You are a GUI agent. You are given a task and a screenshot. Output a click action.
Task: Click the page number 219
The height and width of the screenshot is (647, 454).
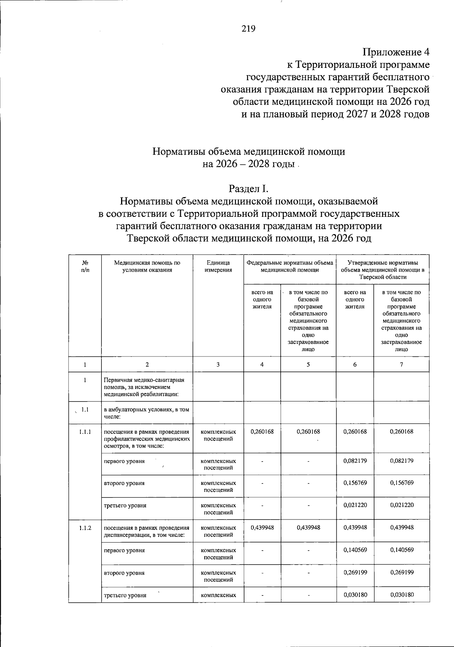[x=249, y=29]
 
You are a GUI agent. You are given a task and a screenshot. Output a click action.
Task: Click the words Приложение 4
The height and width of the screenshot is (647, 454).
[x=396, y=51]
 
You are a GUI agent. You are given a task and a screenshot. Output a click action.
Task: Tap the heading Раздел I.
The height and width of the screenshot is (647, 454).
[x=249, y=188]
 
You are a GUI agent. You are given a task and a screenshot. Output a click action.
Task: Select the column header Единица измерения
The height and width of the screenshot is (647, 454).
[x=218, y=266]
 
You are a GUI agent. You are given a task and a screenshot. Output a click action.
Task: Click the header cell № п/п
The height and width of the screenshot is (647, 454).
[x=85, y=266]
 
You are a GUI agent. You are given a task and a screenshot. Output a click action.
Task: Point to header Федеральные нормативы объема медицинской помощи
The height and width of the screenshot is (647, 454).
[x=289, y=266]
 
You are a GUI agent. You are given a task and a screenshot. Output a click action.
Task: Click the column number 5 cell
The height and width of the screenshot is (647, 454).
[x=308, y=364]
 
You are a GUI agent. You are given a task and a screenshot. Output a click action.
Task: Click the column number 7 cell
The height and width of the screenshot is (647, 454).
[x=401, y=364]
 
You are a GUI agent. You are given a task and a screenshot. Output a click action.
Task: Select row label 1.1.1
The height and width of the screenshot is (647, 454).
[x=85, y=431]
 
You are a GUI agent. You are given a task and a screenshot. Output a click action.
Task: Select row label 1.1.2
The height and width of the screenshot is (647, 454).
[x=85, y=527]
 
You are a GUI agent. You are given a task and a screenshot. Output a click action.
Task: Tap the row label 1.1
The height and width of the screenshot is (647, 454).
[x=85, y=409]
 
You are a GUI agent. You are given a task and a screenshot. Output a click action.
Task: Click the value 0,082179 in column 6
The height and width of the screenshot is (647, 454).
[x=355, y=461]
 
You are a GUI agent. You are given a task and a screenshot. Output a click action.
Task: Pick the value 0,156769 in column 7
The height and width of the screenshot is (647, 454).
[x=401, y=483]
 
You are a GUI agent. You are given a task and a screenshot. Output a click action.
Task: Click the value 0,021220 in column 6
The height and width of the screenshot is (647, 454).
[x=355, y=505]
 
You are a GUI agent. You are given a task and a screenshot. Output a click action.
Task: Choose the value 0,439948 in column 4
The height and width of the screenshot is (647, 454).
[x=262, y=527]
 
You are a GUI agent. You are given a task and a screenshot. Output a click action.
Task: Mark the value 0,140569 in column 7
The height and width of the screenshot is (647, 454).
[x=401, y=550]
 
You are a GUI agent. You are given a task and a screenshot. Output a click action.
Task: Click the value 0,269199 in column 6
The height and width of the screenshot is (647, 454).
[x=355, y=572]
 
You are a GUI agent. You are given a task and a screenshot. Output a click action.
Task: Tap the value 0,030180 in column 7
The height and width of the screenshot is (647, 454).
[x=401, y=594]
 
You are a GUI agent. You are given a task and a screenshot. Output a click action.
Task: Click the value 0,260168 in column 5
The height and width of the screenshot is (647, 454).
[x=308, y=431]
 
